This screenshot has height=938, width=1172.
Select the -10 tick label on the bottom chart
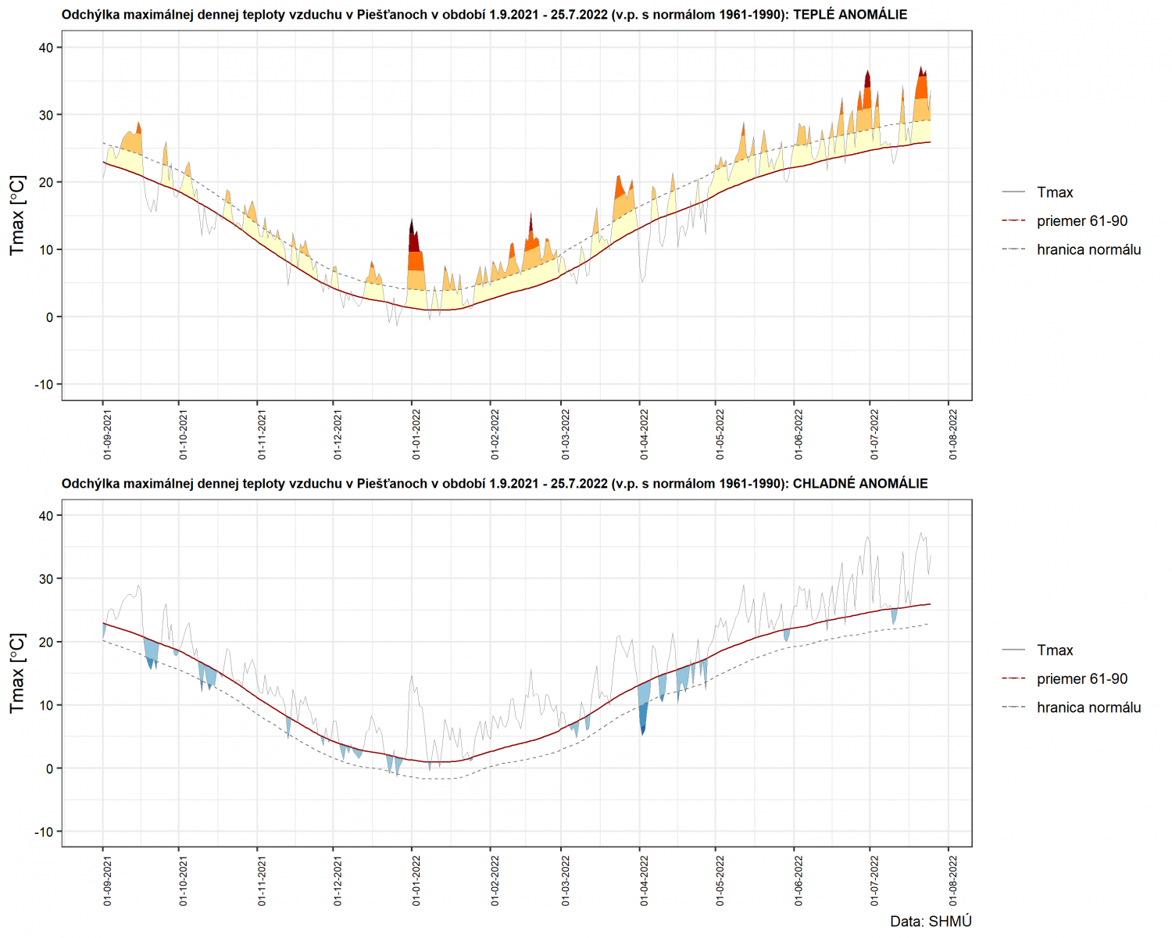(x=44, y=832)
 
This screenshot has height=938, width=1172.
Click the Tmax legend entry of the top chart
(x=1055, y=192)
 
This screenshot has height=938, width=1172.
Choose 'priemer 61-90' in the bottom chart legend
(x=1082, y=678)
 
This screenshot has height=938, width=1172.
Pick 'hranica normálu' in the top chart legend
(x=1088, y=249)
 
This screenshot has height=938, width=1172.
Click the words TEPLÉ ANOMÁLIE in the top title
(x=850, y=15)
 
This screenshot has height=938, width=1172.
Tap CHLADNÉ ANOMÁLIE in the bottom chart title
(x=860, y=484)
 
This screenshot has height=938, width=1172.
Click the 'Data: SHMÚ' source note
(x=931, y=922)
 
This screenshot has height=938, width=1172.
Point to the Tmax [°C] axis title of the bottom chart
(x=17, y=673)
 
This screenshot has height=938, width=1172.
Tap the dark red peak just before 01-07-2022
(x=867, y=79)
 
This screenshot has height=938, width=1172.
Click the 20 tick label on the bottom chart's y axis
(x=45, y=642)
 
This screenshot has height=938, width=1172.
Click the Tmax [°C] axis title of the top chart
(x=17, y=215)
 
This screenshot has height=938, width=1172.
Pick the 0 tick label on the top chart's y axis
(x=49, y=317)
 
